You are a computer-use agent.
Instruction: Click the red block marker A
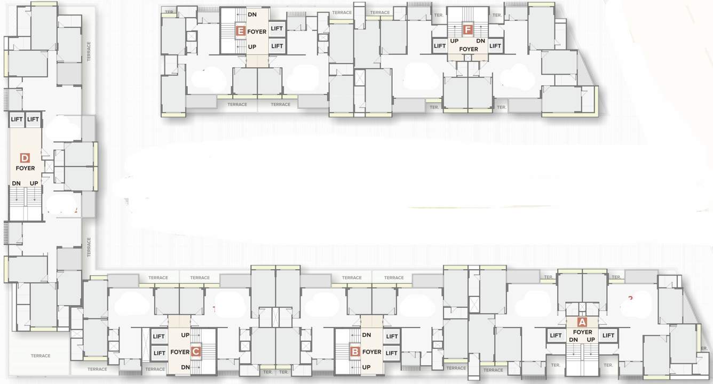pyautogui.click(x=582, y=322)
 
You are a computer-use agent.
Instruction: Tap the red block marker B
pyautogui.click(x=355, y=352)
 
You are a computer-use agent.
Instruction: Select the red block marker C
pyautogui.click(x=196, y=351)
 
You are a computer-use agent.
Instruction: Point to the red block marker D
pyautogui.click(x=25, y=157)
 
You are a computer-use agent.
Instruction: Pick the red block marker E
pyautogui.click(x=241, y=31)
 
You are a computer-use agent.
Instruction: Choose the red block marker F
pyautogui.click(x=468, y=30)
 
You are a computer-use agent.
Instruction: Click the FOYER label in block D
pyautogui.click(x=25, y=169)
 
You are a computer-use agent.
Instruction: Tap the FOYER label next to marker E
pyautogui.click(x=257, y=32)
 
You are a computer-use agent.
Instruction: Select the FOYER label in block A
pyautogui.click(x=582, y=332)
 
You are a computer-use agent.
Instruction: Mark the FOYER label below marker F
pyautogui.click(x=469, y=50)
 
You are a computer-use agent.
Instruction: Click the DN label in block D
pyautogui.click(x=17, y=183)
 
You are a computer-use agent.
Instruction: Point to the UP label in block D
pyautogui.click(x=34, y=183)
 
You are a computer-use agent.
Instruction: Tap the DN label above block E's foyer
pyautogui.click(x=252, y=14)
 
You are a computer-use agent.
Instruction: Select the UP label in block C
pyautogui.click(x=185, y=335)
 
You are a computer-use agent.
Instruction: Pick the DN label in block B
pyautogui.click(x=367, y=335)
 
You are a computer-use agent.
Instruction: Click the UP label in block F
pyautogui.click(x=454, y=41)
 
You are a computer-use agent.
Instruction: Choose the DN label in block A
pyautogui.click(x=574, y=340)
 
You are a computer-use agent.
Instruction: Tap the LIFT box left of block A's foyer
pyautogui.click(x=556, y=335)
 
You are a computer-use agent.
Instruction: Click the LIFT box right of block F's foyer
pyautogui.click(x=495, y=46)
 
